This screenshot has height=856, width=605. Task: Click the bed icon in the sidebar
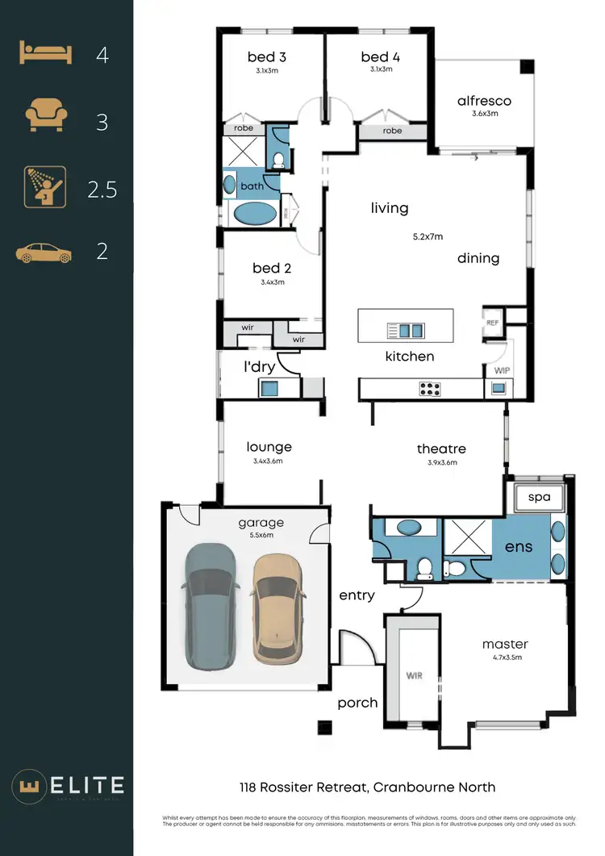(x=44, y=54)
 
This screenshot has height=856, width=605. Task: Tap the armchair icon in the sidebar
(x=44, y=117)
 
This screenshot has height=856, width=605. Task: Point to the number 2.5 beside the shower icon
(x=102, y=190)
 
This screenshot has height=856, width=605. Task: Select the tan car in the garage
(x=277, y=608)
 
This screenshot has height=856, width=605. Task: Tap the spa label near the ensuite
(x=540, y=497)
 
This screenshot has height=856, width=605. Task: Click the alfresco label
(x=484, y=101)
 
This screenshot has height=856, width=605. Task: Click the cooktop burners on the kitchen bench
(x=430, y=389)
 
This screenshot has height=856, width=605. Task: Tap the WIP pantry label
(x=500, y=370)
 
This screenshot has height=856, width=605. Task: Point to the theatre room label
(x=441, y=449)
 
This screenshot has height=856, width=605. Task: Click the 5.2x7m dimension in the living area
(x=427, y=237)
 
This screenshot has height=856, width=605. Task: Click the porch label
(x=357, y=703)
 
